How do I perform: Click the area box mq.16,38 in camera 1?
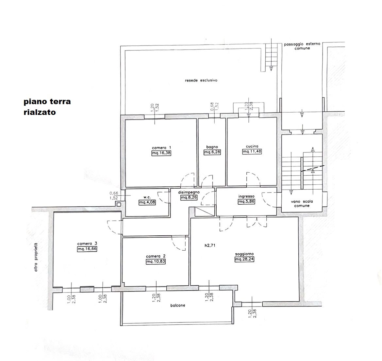click(161, 153)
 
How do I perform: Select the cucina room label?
click(252, 146)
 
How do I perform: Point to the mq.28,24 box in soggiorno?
click(244, 259)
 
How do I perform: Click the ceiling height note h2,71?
click(210, 245)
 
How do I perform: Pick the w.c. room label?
click(147, 197)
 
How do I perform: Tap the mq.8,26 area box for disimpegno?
click(189, 198)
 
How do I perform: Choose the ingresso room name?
click(246, 196)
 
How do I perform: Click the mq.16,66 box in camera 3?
click(87, 249)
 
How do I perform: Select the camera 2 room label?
click(156, 256)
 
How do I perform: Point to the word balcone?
click(178, 305)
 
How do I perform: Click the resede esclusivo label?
click(201, 80)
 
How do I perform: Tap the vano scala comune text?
click(302, 203)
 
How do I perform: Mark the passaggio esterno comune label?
click(302, 46)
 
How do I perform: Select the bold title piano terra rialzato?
click(47, 107)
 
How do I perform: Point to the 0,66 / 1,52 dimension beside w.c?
click(114, 196)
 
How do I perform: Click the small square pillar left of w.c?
click(119, 204)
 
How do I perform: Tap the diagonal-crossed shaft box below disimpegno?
click(205, 212)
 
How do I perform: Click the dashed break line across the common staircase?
click(313, 168)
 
